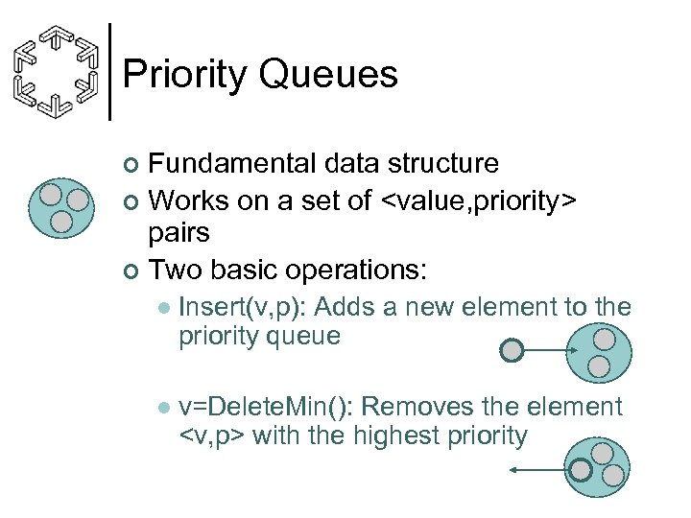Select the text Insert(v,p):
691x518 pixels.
(x=243, y=308)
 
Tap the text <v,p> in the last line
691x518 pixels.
(x=212, y=436)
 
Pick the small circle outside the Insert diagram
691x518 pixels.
(x=513, y=351)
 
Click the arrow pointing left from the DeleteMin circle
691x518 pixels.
(x=537, y=470)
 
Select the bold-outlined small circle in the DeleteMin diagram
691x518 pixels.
(x=581, y=469)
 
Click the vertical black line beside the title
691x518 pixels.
(x=111, y=72)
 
